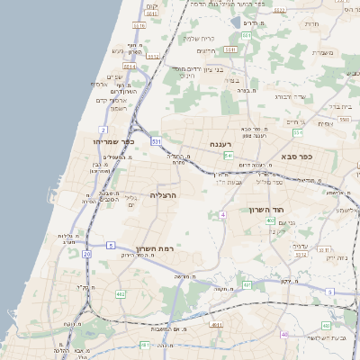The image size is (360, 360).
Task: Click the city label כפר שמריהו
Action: click(x=112, y=140)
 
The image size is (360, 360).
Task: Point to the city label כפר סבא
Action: click(x=294, y=156)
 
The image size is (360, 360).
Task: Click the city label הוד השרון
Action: click(x=266, y=208)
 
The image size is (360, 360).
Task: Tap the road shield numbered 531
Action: click(x=157, y=141)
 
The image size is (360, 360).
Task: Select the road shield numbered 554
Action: click(x=298, y=133)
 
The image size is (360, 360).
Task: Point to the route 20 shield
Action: click(x=86, y=255)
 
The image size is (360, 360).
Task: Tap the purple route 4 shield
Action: click(x=222, y=214)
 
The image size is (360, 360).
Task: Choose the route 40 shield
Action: click(x=284, y=335)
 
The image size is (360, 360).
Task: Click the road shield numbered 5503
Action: click(x=344, y=119)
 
